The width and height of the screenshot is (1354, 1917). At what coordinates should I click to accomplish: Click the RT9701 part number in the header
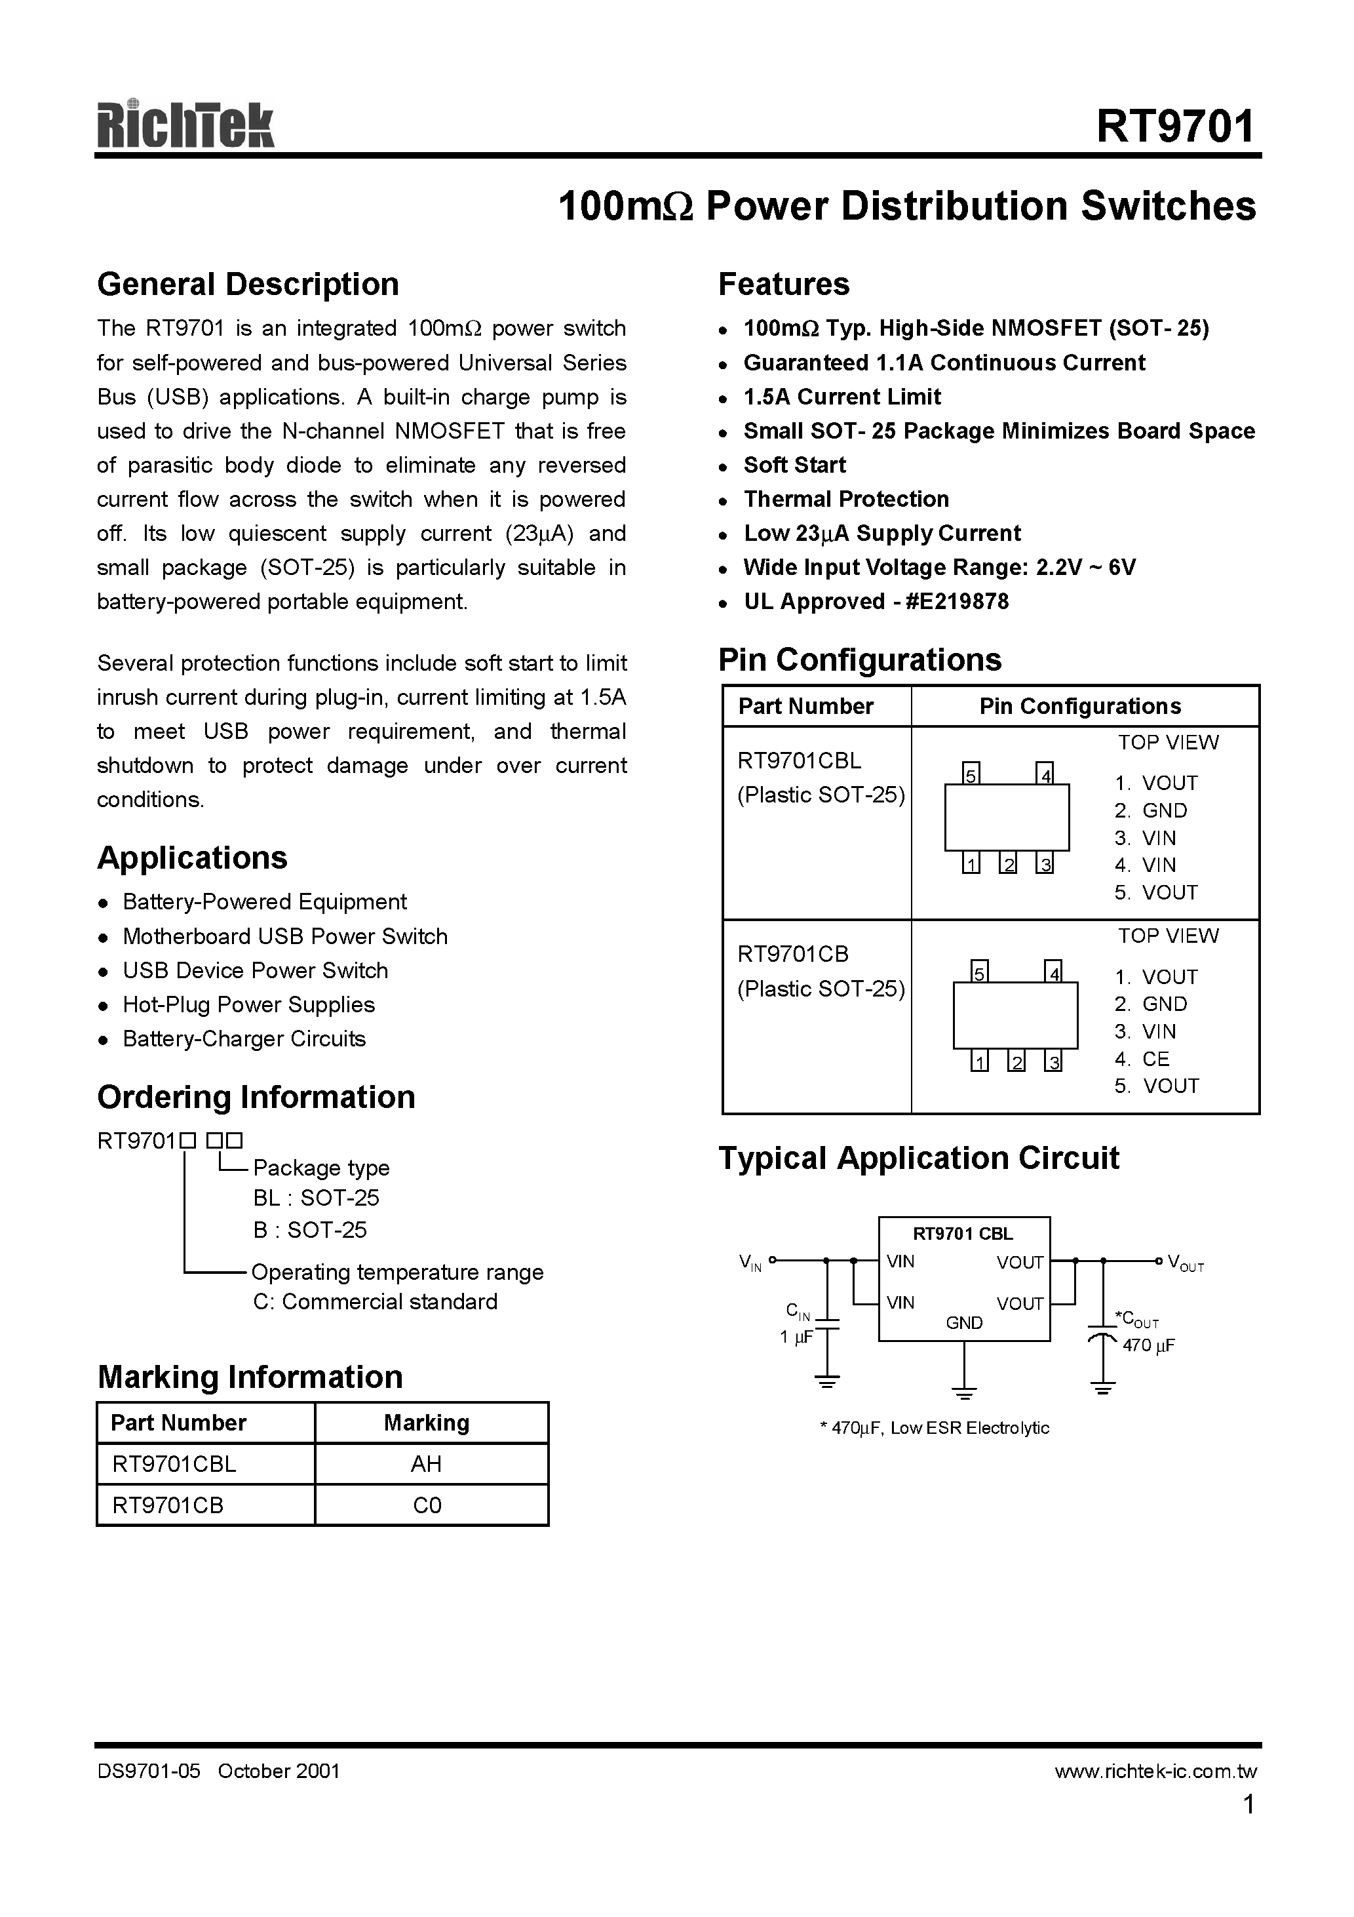(1174, 127)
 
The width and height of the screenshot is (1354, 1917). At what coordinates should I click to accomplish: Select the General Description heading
(248, 285)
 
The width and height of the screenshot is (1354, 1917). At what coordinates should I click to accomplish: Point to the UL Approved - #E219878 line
(876, 602)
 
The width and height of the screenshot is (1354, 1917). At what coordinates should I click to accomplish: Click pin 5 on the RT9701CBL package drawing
(971, 775)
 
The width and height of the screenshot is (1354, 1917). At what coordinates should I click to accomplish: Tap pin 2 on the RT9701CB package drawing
(1016, 1062)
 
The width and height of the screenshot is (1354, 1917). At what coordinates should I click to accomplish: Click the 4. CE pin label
(1141, 1059)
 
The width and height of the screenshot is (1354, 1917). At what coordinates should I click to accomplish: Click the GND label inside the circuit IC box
(964, 1324)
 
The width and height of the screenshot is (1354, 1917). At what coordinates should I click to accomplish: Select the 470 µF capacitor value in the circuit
(1149, 1345)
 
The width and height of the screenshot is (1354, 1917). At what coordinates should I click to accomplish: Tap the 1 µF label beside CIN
(796, 1337)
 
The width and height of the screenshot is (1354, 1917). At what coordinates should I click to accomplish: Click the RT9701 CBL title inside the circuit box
(963, 1234)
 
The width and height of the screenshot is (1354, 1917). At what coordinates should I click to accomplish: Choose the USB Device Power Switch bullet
(254, 970)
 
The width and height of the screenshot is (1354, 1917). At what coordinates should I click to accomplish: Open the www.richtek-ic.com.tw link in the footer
(1155, 1771)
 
